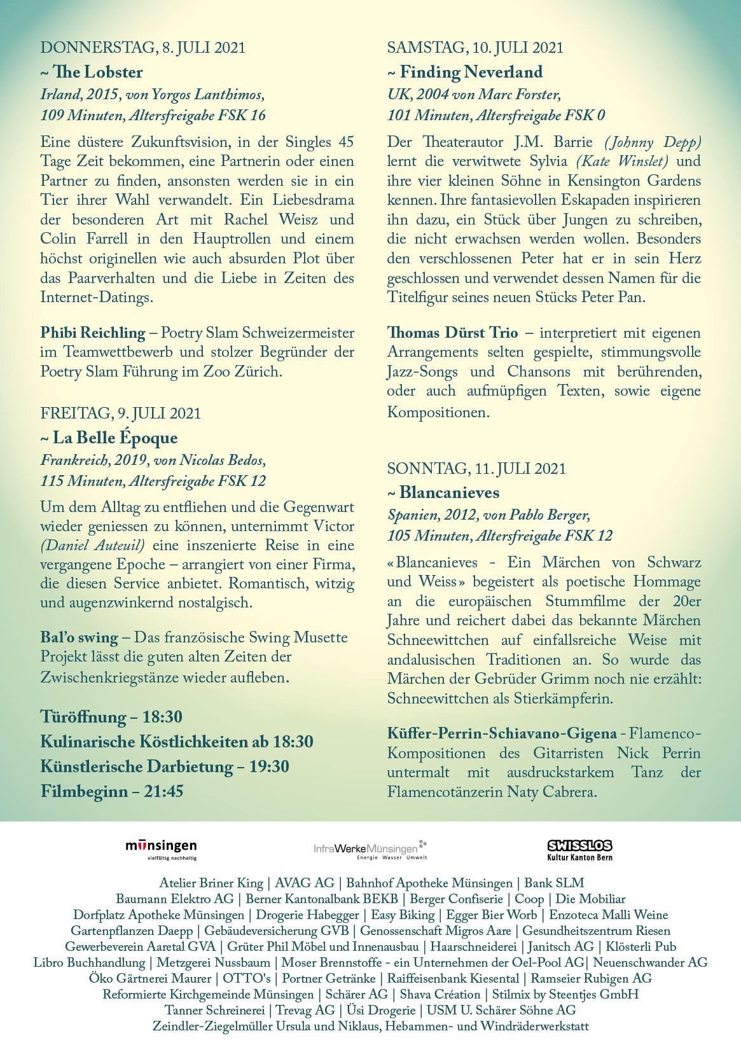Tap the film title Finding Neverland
(471, 72)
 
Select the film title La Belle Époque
(115, 438)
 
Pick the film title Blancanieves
(449, 492)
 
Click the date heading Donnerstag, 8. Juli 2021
(142, 47)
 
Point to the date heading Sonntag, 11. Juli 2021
(476, 468)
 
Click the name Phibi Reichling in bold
(93, 333)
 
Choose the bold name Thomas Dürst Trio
(452, 333)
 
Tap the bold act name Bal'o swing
(79, 637)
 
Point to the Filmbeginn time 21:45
(162, 791)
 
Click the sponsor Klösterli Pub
(641, 946)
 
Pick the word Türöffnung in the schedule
(83, 717)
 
